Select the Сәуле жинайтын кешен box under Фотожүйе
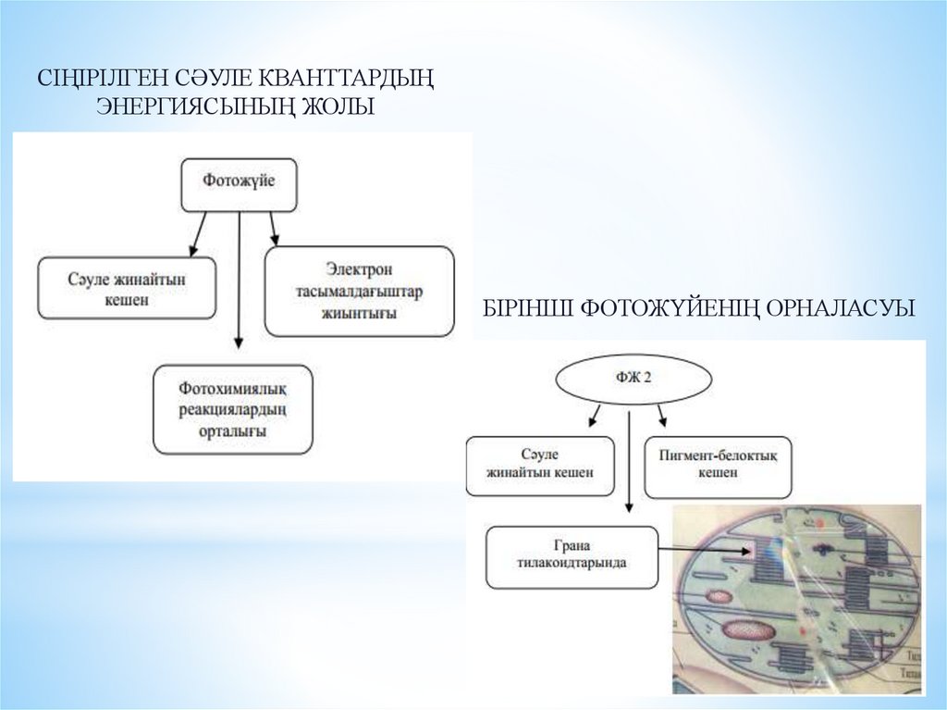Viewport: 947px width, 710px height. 128,288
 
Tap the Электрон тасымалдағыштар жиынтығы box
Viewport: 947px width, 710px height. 360,291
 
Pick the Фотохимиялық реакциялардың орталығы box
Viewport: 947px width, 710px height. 233,409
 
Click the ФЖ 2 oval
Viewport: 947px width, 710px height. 633,380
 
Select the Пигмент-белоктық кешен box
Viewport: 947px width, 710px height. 718,467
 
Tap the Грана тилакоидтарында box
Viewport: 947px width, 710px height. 572,556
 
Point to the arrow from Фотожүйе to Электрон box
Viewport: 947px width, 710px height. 273,230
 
